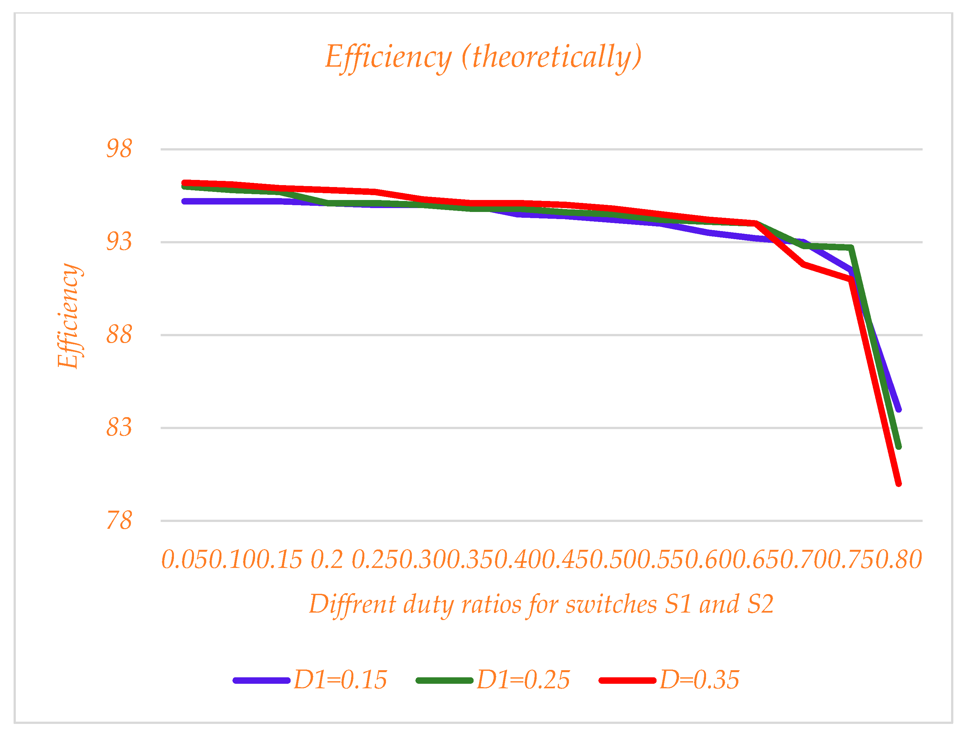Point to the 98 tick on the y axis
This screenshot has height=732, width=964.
point(119,149)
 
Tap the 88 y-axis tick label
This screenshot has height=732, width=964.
point(119,335)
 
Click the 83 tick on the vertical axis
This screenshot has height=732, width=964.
point(119,428)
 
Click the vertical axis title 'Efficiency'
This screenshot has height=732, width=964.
point(69,316)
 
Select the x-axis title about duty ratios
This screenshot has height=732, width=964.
point(541,604)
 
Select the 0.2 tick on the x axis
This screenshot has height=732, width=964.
point(327,560)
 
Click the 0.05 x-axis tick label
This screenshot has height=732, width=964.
point(185,560)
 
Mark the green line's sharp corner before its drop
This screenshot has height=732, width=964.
point(850,248)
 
